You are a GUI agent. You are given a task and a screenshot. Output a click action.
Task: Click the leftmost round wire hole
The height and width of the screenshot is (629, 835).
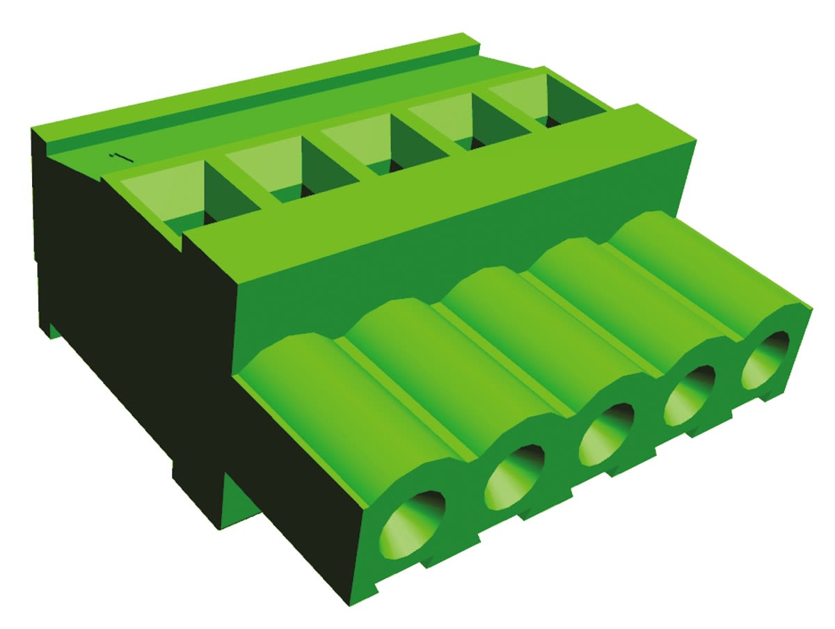[x=412, y=523]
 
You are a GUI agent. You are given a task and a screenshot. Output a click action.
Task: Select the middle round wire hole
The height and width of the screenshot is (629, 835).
[x=605, y=434]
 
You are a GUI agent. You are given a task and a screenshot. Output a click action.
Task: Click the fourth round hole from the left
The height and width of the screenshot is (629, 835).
[x=689, y=395]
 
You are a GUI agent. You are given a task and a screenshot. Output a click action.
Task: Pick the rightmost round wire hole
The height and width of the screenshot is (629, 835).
[x=765, y=360]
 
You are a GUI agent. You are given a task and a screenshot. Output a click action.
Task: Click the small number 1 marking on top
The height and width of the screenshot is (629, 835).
[x=120, y=157]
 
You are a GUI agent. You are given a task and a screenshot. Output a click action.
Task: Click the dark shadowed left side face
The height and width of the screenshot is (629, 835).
[x=125, y=313]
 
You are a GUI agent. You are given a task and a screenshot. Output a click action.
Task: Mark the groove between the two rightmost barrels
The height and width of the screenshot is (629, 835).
[x=668, y=292]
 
